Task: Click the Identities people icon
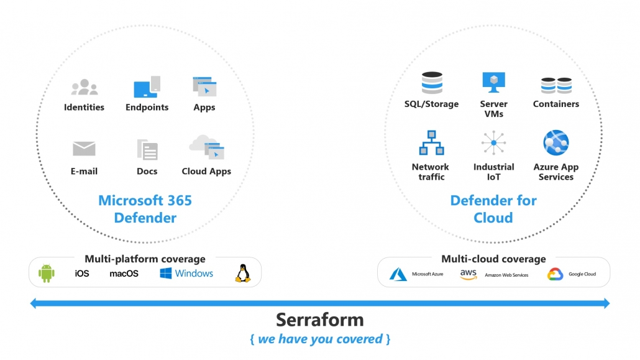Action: coord(84,87)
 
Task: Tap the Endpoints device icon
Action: coord(147,86)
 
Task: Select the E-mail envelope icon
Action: coord(84,149)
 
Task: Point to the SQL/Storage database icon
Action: coord(431,83)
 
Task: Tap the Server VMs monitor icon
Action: coord(493,81)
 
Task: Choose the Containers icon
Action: coord(555,85)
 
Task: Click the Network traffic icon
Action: coord(431,143)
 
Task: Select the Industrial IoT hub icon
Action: coord(493,143)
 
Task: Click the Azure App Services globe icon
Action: coord(556,143)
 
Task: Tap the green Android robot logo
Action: coord(47,274)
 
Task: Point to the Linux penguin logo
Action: coord(242,274)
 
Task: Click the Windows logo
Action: coord(166,274)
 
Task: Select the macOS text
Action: coord(124,274)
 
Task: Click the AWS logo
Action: coord(468,274)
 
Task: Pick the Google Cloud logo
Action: coord(555,274)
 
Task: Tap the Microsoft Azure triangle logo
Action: coord(398,274)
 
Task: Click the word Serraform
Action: coord(319,320)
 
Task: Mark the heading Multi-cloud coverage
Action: coord(493,259)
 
